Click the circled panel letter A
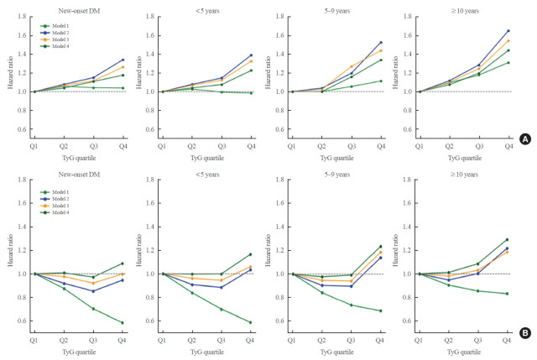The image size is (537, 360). tap(525, 162)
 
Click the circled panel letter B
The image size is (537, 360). tap(525, 332)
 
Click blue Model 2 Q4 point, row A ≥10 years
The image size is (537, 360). tap(508, 31)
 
